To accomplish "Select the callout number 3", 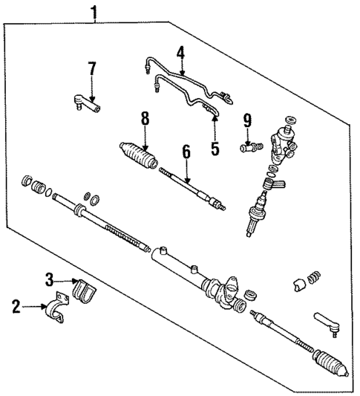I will tap(49, 279).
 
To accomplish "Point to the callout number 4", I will tap(180, 53).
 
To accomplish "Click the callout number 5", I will tap(215, 148).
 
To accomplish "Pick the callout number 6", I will tap(186, 152).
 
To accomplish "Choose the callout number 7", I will tap(92, 69).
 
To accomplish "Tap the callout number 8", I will tap(145, 118).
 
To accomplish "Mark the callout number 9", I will tap(248, 120).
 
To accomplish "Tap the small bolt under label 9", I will tap(249, 147).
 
